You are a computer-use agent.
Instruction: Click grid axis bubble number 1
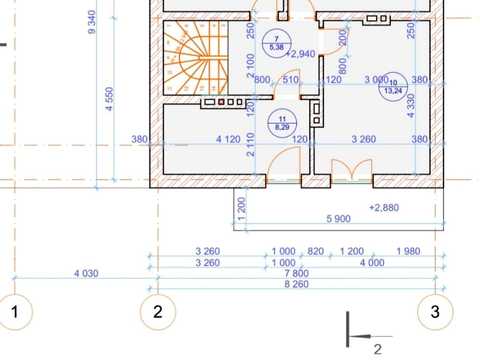point(15,312)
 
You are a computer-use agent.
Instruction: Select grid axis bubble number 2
point(158,312)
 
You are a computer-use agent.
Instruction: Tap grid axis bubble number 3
point(435,312)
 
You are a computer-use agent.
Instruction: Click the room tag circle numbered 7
point(277,43)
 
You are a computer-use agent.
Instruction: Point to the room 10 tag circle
point(393,87)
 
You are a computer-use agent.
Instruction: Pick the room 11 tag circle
point(282,123)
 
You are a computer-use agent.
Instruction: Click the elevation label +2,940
point(301,54)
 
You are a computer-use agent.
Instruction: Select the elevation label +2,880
point(384,208)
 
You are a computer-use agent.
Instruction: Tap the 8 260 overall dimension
point(296,284)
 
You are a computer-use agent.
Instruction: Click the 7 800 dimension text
point(296,273)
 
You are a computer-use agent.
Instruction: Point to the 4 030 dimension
point(86,274)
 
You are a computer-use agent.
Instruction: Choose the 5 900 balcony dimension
point(338,219)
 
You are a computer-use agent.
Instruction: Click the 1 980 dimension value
point(408,251)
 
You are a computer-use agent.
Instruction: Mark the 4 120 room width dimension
point(228,139)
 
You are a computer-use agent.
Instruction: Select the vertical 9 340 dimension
point(92,22)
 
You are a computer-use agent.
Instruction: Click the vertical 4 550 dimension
point(110,99)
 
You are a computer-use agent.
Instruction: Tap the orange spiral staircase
point(196,58)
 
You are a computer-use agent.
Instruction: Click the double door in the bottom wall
point(352,170)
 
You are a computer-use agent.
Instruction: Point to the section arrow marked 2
point(367,336)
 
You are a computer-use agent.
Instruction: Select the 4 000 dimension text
point(372,263)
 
